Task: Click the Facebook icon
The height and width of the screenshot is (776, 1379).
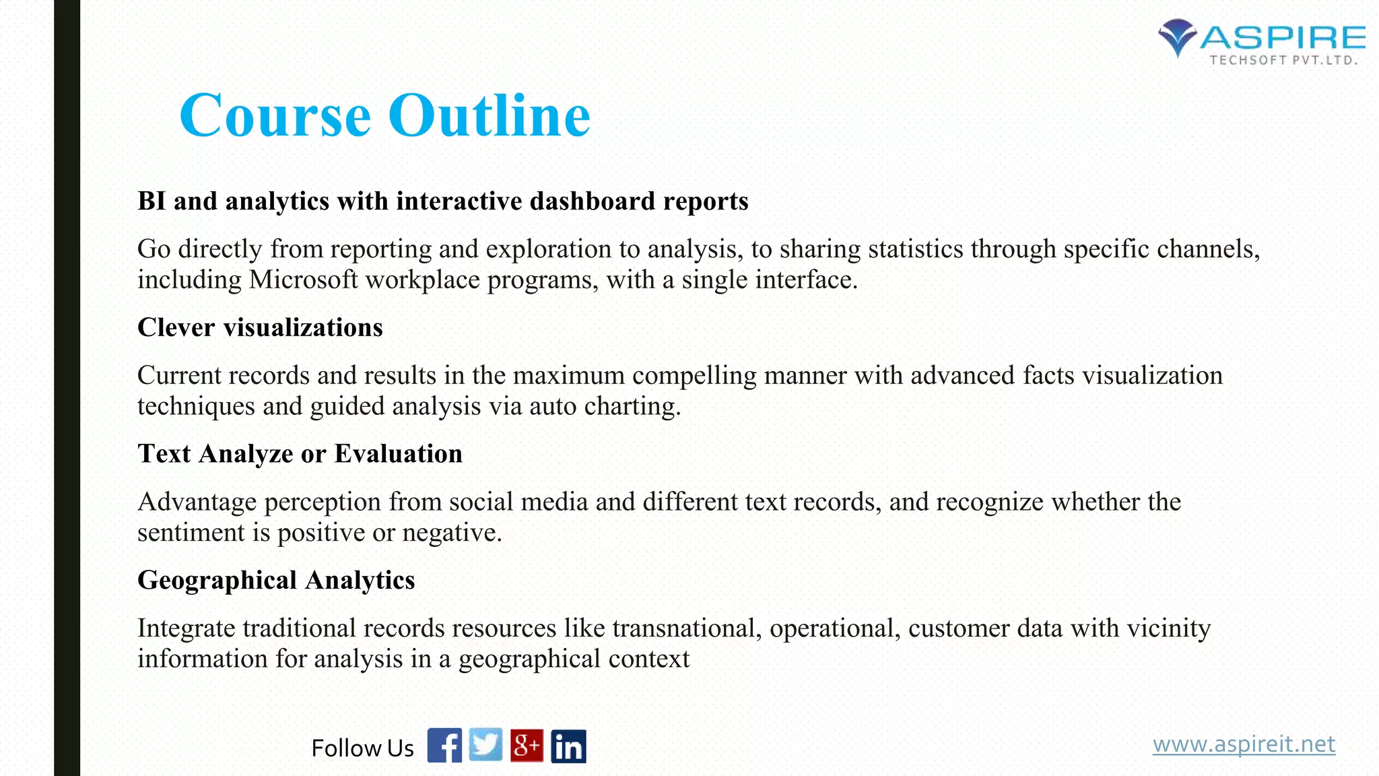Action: (x=444, y=745)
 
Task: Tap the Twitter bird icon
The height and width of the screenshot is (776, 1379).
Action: (x=485, y=745)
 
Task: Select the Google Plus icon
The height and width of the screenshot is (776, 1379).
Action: (x=527, y=745)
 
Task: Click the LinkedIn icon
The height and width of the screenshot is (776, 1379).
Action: (x=568, y=746)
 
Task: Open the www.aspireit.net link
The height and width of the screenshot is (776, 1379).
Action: (x=1244, y=744)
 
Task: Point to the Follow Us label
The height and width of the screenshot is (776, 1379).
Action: (x=362, y=748)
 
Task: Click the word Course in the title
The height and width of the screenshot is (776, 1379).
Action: (x=275, y=115)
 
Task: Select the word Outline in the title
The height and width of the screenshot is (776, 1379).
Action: (x=489, y=115)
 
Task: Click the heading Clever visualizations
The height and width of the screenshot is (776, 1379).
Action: (x=260, y=327)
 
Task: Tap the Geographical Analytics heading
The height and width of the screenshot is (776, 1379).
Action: (x=276, y=580)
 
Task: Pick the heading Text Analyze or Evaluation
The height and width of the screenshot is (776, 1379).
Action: (x=300, y=453)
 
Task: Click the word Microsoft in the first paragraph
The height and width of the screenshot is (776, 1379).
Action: (x=303, y=280)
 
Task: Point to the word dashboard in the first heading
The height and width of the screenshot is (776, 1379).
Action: (x=593, y=201)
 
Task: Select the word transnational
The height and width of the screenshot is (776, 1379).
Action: (x=687, y=628)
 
